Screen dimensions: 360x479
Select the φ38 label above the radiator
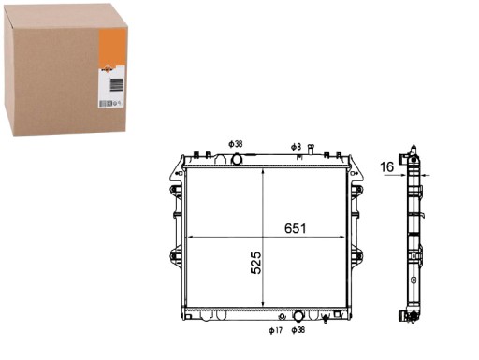(x=235, y=144)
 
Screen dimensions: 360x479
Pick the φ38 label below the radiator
(x=298, y=330)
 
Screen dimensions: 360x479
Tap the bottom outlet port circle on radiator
(x=298, y=315)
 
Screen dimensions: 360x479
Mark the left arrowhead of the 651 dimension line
(x=190, y=238)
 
